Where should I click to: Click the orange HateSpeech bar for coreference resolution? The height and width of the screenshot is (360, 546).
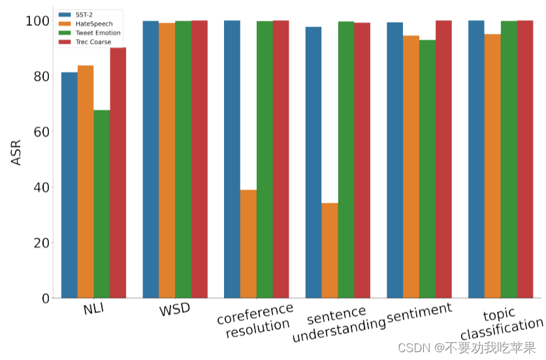coord(248,244)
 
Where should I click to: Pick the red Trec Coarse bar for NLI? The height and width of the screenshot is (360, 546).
coord(118,172)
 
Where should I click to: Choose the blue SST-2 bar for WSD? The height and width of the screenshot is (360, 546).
coord(151,159)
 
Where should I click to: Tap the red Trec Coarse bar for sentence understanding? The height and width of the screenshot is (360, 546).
coord(362,160)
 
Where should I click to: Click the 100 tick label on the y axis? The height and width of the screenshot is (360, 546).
coord(37,21)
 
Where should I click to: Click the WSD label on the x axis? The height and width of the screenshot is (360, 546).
coord(175,310)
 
